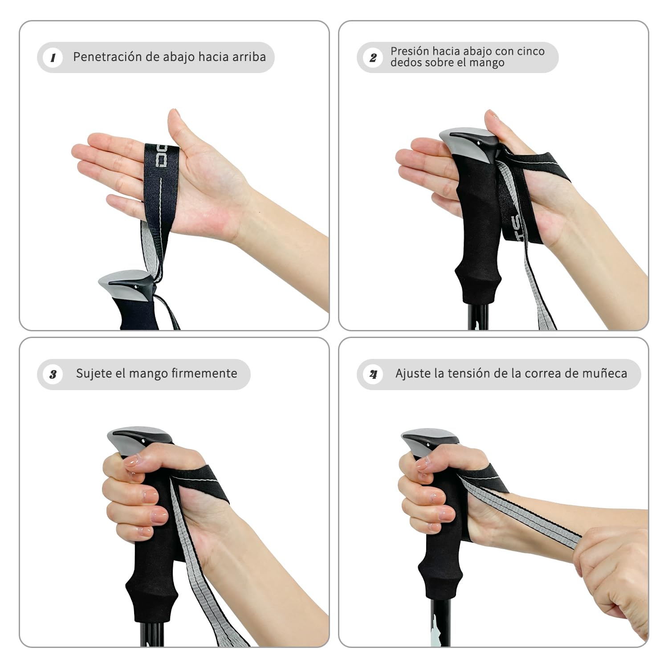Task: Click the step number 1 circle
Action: [x=53, y=57]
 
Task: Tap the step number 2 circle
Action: [x=373, y=57]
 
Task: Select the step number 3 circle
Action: [x=53, y=374]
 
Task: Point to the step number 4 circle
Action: [x=373, y=374]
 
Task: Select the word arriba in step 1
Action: [x=249, y=57]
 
